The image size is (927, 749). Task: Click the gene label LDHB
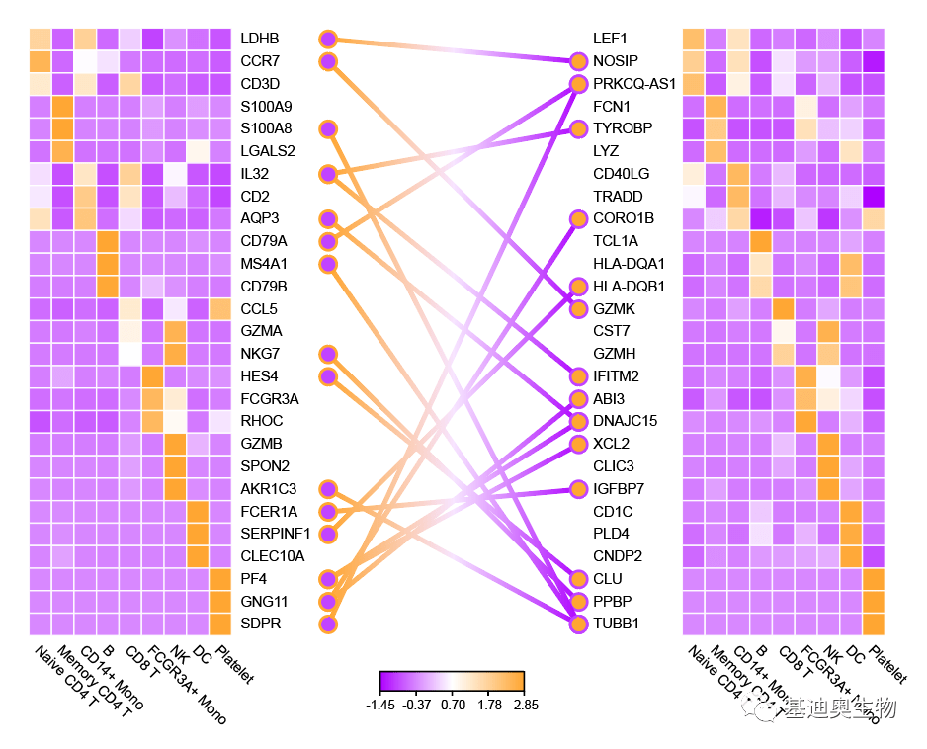(260, 39)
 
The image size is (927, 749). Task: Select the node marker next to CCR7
(328, 61)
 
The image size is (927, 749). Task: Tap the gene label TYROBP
(623, 128)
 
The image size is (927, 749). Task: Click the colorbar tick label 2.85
(524, 705)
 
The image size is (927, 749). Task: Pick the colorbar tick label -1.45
(380, 705)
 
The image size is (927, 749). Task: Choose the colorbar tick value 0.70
(453, 705)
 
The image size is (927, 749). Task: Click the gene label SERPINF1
(276, 534)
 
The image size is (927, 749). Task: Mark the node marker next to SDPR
(328, 624)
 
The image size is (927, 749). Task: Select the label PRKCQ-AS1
(634, 84)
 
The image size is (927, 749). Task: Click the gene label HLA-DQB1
(630, 287)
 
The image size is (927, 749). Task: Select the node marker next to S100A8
(328, 128)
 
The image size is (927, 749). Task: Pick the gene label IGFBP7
(620, 488)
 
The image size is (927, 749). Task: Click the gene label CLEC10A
(273, 555)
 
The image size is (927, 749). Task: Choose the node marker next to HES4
(328, 375)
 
